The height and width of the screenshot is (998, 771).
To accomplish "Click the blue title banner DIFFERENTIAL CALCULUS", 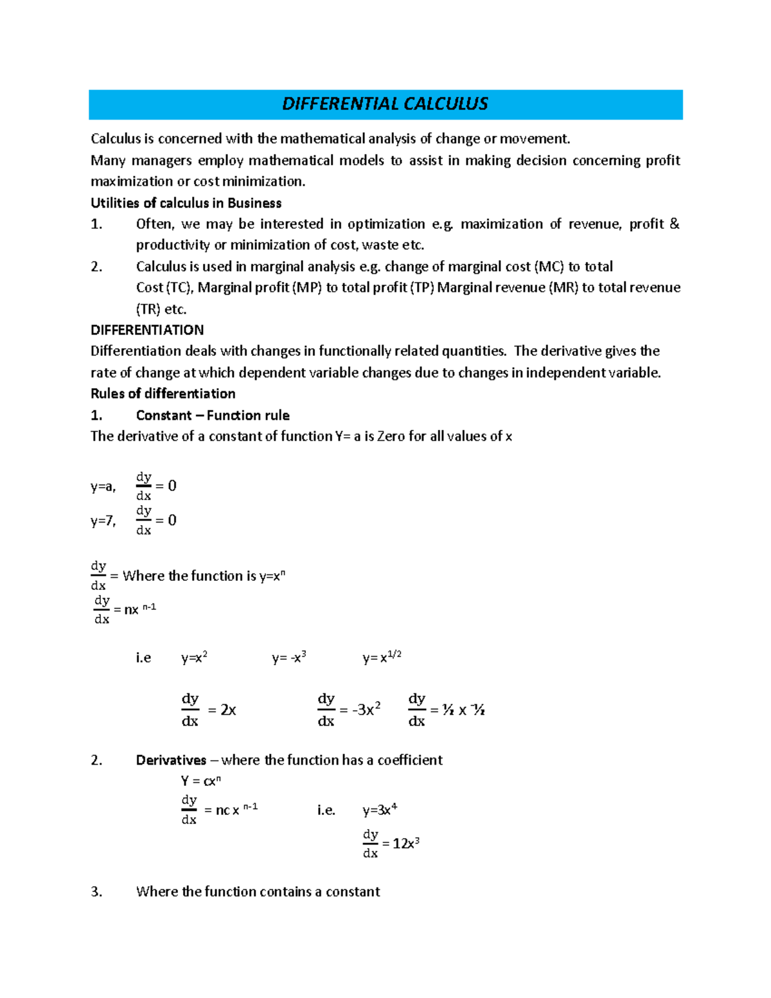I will pos(385,104).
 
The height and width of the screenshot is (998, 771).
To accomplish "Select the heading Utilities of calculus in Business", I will pos(186,203).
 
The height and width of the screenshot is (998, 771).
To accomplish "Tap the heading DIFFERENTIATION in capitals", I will pos(147,330).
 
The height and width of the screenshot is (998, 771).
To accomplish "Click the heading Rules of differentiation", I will pos(163,393).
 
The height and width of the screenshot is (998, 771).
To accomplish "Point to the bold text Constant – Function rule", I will pos(213,415).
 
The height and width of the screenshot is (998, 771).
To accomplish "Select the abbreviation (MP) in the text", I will pos(307,288).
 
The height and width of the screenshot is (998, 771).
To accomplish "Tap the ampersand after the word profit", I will pos(674,224).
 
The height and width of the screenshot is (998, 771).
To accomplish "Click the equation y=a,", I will pos(103,487).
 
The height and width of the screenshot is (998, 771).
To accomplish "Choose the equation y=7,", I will pos(103,521).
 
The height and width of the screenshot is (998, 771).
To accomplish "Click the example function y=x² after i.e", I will pos(194,658).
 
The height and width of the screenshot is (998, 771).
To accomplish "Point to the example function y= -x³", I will pos(288,658).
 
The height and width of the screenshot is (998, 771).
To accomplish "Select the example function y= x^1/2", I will pos(382,657).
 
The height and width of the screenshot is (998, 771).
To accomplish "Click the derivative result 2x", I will pos(228,710).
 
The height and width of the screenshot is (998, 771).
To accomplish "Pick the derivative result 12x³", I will pos(405,844).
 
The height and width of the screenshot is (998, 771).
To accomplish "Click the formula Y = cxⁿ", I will pos(200,781).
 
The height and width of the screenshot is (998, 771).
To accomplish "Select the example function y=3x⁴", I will pos(380,810).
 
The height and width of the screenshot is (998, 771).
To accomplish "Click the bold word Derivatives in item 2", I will pos(171,760).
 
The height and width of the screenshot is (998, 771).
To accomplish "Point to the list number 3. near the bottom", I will pos(96,892).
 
